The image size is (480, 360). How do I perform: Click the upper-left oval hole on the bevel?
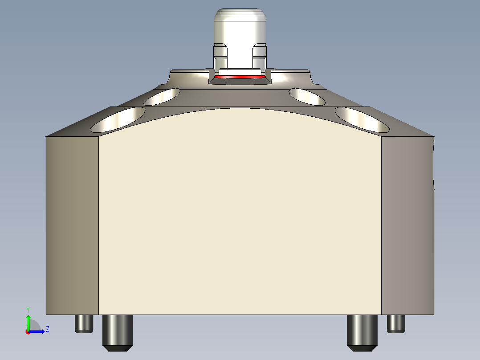162,96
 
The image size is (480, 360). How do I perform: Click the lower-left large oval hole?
118,119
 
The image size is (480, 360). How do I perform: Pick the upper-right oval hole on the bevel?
307,96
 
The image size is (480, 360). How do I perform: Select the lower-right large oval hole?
362,119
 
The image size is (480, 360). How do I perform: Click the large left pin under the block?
118,332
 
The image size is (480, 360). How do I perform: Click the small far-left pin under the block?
84,323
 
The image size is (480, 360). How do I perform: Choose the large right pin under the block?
362,332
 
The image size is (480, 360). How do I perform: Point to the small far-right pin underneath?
396,323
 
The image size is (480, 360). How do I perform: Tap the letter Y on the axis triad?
28,309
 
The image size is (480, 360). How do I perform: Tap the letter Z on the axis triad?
47,329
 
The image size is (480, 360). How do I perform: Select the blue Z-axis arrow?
38,331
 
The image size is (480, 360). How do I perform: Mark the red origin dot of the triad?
28,332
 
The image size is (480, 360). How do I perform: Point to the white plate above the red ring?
240,71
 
